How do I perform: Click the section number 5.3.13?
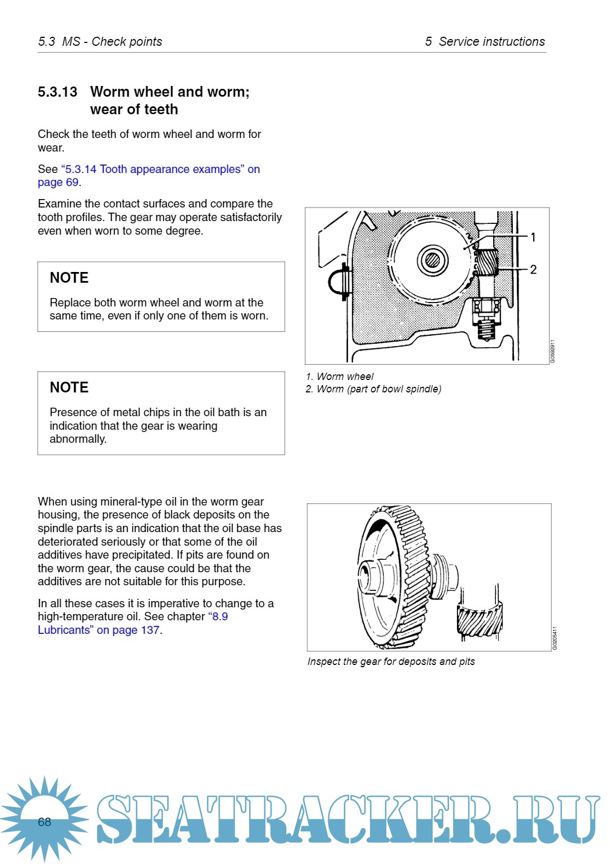57,92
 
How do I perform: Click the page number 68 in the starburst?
45,822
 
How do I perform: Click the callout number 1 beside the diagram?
533,237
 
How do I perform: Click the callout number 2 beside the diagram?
533,270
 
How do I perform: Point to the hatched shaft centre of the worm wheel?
433,260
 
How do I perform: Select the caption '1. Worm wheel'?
339,377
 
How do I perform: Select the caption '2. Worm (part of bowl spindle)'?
373,389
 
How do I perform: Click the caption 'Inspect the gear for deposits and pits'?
391,662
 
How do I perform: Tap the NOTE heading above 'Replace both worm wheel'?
69,278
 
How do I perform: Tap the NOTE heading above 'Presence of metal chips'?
69,387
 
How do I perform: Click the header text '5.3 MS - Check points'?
100,42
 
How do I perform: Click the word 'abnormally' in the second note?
77,439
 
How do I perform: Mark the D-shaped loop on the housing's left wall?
337,280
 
